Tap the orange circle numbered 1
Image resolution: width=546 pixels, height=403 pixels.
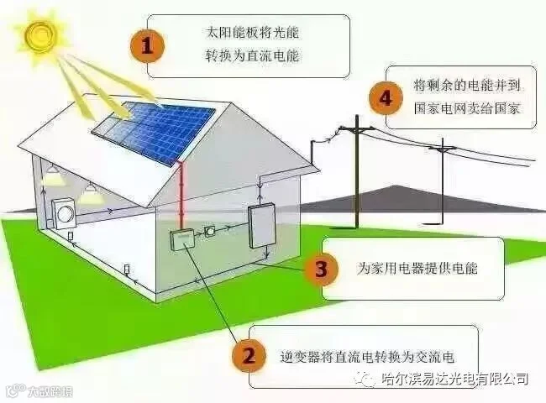point(148,47)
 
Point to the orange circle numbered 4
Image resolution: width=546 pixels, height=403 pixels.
point(386,97)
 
